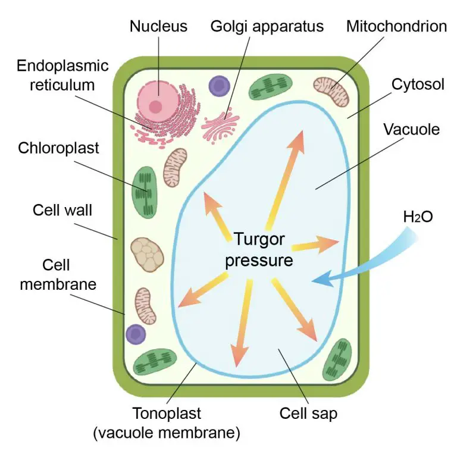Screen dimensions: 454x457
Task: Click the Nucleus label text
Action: pyautogui.click(x=158, y=26)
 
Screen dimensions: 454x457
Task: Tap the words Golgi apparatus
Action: pyautogui.click(x=267, y=26)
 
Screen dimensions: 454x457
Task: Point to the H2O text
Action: pyautogui.click(x=418, y=217)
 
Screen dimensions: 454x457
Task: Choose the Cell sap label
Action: pyautogui.click(x=308, y=413)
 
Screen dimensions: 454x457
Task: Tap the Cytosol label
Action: pyautogui.click(x=418, y=84)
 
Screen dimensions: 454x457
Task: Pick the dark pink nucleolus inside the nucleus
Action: pyautogui.click(x=156, y=107)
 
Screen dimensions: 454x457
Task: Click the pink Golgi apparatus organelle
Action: pyautogui.click(x=220, y=123)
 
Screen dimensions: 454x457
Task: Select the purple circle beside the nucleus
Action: pyautogui.click(x=219, y=85)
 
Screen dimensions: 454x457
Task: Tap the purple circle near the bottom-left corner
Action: pyautogui.click(x=136, y=334)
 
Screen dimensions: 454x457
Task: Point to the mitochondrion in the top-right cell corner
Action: pyautogui.click(x=331, y=91)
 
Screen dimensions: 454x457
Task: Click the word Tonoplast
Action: pyautogui.click(x=166, y=413)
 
